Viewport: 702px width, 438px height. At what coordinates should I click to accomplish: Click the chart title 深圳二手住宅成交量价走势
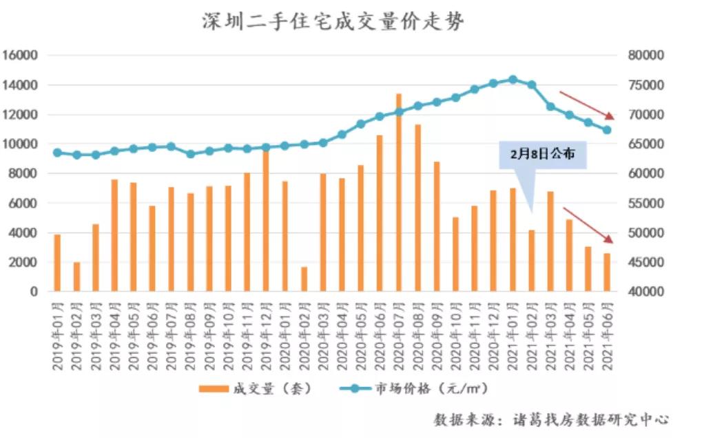(x=333, y=22)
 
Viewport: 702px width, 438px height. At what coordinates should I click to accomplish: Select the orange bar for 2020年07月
(x=398, y=192)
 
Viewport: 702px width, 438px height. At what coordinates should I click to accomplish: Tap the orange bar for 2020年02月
(x=304, y=279)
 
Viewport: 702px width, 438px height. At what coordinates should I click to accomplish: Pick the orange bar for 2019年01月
(x=57, y=263)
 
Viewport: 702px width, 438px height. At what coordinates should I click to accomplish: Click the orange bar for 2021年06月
(x=607, y=272)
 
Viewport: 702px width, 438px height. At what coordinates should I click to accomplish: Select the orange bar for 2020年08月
(x=417, y=208)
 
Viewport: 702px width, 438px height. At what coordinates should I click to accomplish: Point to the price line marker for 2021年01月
(x=513, y=79)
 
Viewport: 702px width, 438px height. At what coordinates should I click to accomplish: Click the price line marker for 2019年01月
(x=57, y=152)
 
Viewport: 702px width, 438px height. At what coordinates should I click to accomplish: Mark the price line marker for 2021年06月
(x=607, y=130)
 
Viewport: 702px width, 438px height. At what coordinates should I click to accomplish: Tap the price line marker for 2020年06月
(x=380, y=117)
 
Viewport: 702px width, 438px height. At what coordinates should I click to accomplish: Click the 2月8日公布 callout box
(x=542, y=155)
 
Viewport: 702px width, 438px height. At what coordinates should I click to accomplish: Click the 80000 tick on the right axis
(x=646, y=55)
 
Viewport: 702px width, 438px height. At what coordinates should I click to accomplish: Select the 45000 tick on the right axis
(x=646, y=262)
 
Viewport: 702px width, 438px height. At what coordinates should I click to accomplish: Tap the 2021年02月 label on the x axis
(x=531, y=332)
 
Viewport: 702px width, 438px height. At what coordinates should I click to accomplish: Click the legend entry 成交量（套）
(x=256, y=388)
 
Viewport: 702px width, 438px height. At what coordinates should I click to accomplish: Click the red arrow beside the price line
(x=586, y=105)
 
